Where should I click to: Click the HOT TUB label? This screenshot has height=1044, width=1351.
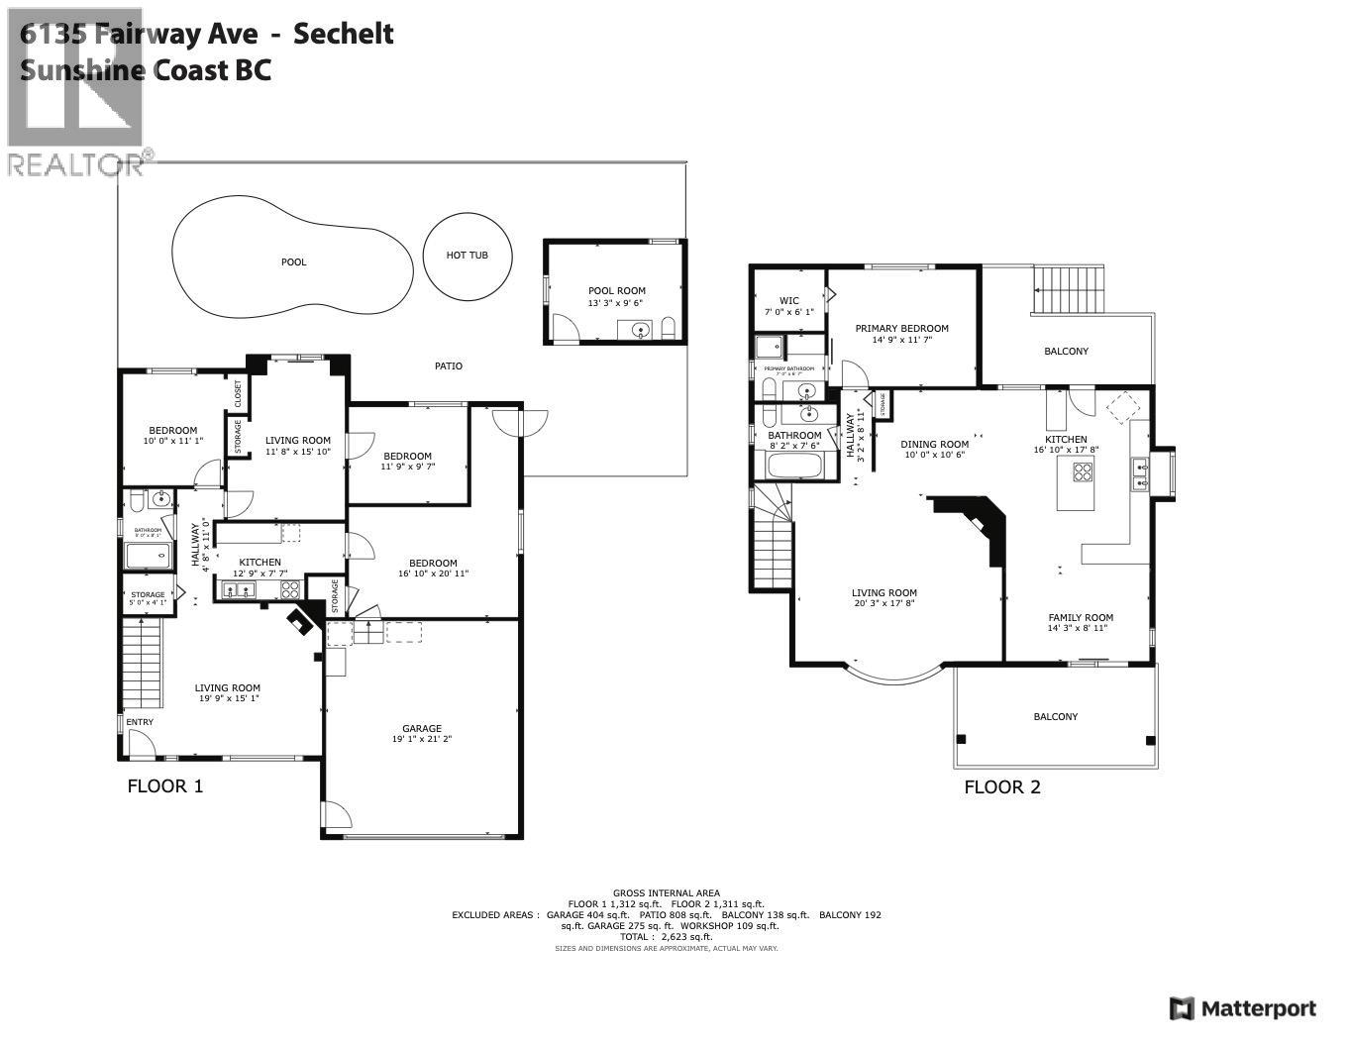[467, 256]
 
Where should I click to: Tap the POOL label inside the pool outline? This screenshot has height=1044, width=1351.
[294, 262]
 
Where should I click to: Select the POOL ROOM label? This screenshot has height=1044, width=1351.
[616, 291]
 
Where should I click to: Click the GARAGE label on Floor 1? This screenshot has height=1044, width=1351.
[422, 728]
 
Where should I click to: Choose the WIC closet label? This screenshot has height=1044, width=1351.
[788, 301]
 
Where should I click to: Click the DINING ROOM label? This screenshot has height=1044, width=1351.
[934, 445]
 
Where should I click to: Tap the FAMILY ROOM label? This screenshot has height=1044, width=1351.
[1081, 617]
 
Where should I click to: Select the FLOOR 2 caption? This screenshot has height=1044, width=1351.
[1002, 787]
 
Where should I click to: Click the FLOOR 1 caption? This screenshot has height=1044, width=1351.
[165, 786]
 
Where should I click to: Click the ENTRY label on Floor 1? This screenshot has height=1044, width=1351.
[140, 722]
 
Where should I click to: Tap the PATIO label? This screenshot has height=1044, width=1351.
[449, 366]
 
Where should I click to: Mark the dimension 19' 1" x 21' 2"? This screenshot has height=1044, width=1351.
[422, 739]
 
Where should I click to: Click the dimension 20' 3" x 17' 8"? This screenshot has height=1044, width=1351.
[884, 603]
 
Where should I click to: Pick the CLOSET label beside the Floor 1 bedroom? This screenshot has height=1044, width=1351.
[238, 393]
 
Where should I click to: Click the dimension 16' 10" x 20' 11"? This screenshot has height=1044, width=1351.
[433, 574]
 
